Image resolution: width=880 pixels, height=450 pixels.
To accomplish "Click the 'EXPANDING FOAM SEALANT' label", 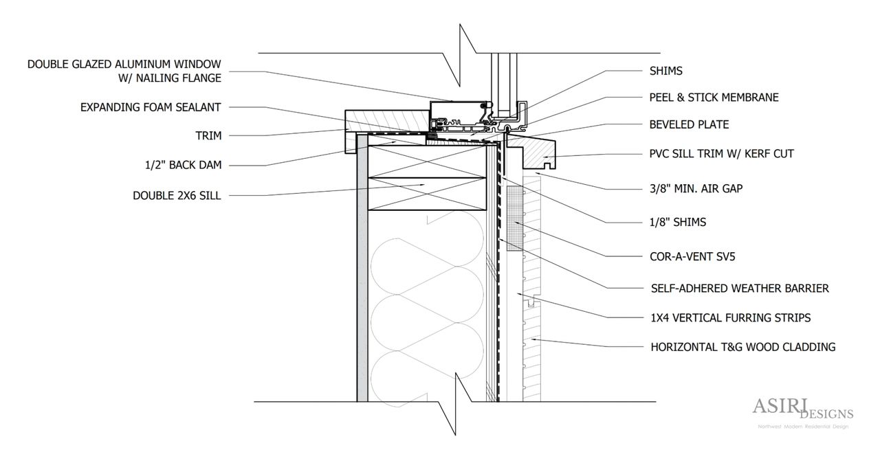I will pyautogui.click(x=151, y=107).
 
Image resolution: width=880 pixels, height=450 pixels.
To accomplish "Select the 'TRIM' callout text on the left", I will pyautogui.click(x=208, y=136).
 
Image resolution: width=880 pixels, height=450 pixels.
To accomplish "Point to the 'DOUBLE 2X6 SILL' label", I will pyautogui.click(x=177, y=196).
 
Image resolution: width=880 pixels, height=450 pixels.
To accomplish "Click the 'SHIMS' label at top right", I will pyautogui.click(x=665, y=71).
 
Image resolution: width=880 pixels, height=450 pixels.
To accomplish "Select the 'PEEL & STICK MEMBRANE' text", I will pyautogui.click(x=714, y=98).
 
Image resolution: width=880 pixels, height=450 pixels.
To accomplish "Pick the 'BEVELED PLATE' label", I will pyautogui.click(x=689, y=125).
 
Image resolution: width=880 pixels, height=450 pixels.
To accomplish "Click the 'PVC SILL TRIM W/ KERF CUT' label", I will pyautogui.click(x=721, y=154).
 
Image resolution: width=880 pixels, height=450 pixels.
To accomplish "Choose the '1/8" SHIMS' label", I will pyautogui.click(x=678, y=222).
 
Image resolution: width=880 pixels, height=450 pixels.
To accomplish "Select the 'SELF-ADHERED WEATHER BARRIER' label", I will pyautogui.click(x=739, y=289).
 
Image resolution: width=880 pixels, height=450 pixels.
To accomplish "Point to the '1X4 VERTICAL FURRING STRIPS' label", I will pyautogui.click(x=730, y=318).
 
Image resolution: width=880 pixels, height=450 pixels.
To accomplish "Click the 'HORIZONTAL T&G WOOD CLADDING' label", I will pyautogui.click(x=742, y=347).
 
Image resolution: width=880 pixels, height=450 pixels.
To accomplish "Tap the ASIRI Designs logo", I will pyautogui.click(x=802, y=412).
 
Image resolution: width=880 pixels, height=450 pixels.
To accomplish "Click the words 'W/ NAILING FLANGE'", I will pyautogui.click(x=170, y=78).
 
